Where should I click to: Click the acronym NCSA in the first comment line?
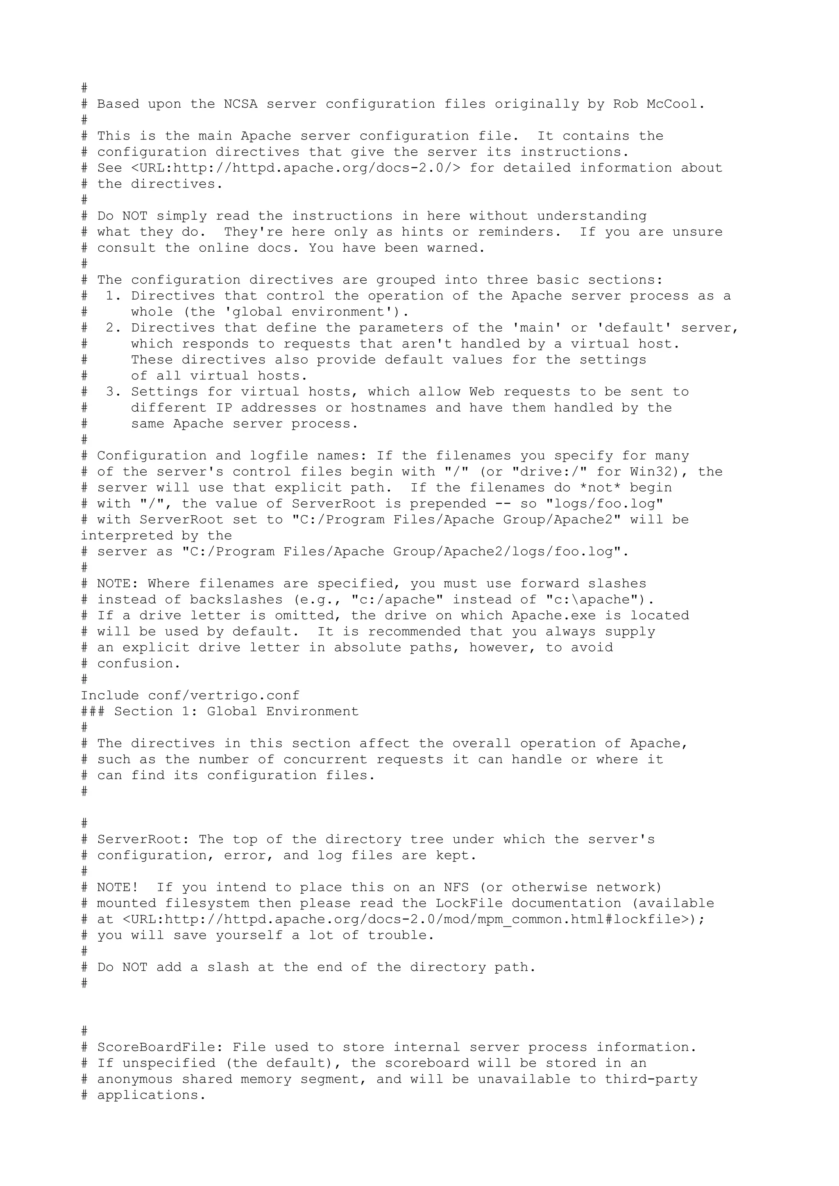point(240,104)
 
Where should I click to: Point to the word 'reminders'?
point(519,232)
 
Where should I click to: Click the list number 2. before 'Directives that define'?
point(113,328)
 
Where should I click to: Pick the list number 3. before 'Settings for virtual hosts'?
point(113,392)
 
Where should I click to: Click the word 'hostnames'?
point(389,408)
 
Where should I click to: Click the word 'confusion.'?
point(138,664)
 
